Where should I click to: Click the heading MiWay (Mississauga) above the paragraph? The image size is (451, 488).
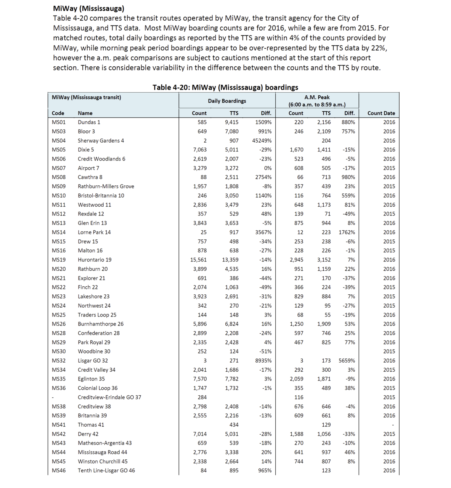[89, 8]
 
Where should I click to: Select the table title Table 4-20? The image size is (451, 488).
[225, 87]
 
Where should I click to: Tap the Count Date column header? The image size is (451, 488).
[381, 113]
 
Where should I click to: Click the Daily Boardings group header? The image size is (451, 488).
[227, 101]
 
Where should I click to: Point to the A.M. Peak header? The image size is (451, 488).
[317, 98]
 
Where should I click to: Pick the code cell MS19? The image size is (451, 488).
[59, 260]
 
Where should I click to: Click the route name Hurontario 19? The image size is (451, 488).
[95, 260]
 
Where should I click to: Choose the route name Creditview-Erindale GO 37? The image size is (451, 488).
[109, 397]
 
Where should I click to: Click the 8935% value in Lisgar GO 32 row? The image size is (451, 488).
[263, 361]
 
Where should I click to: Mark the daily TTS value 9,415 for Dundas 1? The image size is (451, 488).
[231, 122]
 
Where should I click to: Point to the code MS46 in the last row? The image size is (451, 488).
[59, 470]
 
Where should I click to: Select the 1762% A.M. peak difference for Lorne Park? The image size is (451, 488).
[347, 232]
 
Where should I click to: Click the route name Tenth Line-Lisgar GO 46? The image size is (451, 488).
[106, 470]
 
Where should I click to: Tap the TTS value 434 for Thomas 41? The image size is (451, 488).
[234, 425]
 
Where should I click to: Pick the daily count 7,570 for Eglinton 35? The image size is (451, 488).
[200, 379]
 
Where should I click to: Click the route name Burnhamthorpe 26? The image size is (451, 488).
[101, 324]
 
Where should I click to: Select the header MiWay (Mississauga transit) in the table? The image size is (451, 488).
[87, 98]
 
